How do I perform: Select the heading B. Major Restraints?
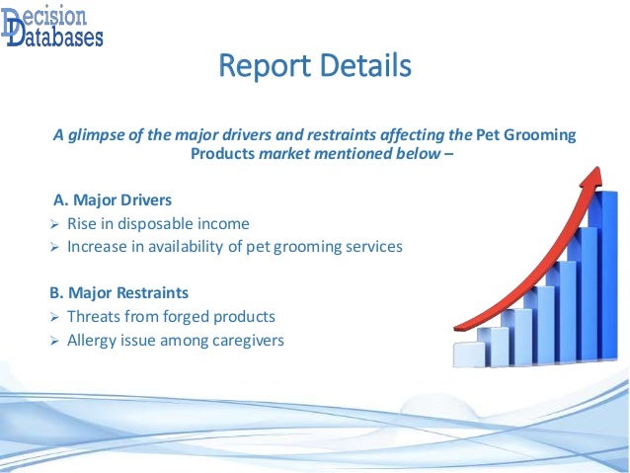point(118,293)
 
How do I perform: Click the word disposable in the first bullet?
point(157,223)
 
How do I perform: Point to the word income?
point(224,223)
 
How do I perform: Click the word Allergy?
point(93,341)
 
